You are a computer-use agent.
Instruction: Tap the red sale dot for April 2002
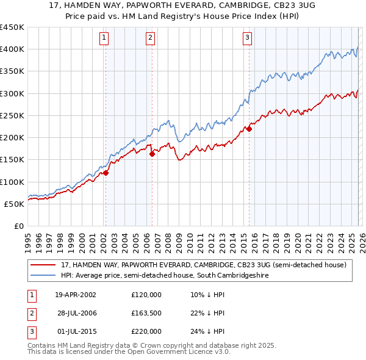106,173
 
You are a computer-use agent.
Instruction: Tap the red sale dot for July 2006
152,154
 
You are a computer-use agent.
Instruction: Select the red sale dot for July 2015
249,129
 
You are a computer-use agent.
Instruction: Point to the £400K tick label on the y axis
12,49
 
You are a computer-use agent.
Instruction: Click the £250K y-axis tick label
12,115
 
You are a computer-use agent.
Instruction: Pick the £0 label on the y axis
19,226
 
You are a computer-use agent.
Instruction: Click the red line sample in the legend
44,265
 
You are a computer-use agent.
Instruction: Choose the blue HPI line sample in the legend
44,276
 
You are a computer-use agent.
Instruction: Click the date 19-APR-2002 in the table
75,295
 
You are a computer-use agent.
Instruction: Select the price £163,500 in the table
146,313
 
